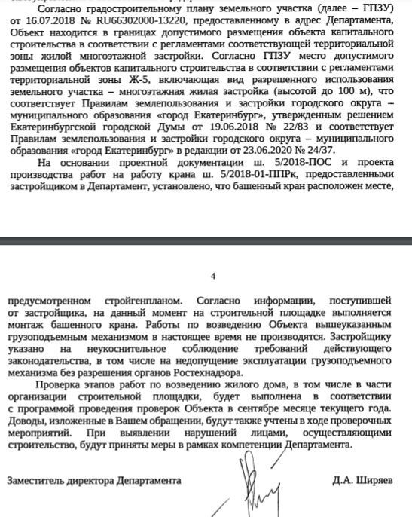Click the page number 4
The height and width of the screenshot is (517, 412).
[x=214, y=277]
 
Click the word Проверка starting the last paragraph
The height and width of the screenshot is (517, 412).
[x=68, y=385]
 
